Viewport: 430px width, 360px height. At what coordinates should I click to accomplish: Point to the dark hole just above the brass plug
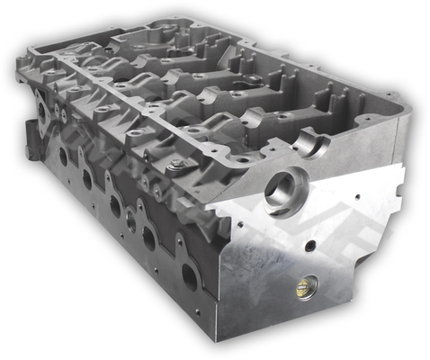coord(309,245)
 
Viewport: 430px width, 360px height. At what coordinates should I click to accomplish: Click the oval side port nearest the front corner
coord(190,275)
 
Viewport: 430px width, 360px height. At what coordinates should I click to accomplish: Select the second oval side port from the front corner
coord(149,238)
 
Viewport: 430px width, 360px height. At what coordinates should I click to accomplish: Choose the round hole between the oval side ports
coord(131,219)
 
